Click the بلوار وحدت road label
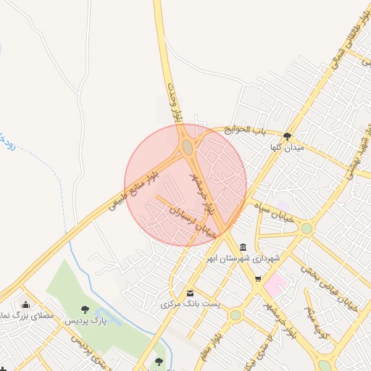pyautogui.click(x=172, y=101)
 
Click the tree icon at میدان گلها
pyautogui.click(x=288, y=136)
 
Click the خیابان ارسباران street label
pyautogui.click(x=193, y=221)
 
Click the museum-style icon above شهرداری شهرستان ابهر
pyautogui.click(x=242, y=247)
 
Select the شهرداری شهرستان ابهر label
pyautogui.click(x=242, y=259)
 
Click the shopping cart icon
pyautogui.click(x=258, y=279)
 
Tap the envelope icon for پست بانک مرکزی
pyautogui.click(x=190, y=293)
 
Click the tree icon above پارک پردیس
pyautogui.click(x=86, y=309)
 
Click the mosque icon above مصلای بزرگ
pyautogui.click(x=26, y=304)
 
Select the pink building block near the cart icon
pyautogui.click(x=275, y=284)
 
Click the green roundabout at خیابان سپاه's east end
pyautogui.click(x=307, y=228)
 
